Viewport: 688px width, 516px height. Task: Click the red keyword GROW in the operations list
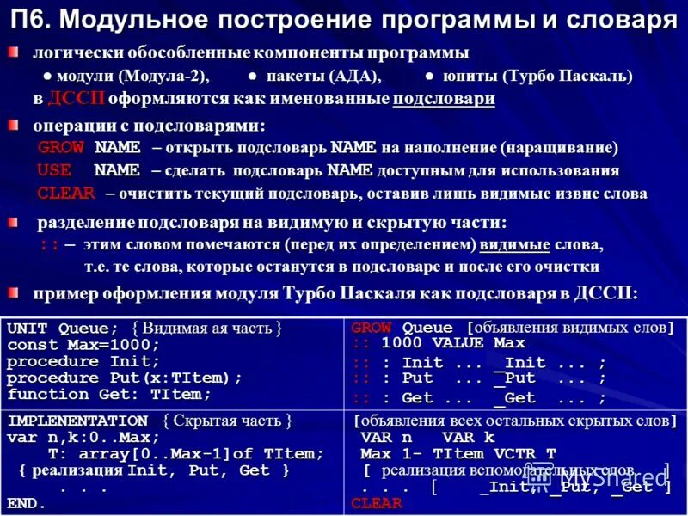61,147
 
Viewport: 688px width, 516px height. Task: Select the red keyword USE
54,169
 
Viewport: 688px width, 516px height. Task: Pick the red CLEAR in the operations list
66,193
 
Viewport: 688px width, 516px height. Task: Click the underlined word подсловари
444,99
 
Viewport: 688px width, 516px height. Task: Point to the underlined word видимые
514,245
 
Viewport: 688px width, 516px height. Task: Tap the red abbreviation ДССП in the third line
76,99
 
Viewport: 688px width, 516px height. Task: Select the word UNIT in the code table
28,329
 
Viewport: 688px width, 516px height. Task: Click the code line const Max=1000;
83,345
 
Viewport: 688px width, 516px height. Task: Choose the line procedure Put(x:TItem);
125,378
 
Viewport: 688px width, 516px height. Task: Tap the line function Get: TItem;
109,395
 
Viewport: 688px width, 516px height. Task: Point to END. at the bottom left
27,503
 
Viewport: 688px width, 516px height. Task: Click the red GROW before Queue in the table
371,328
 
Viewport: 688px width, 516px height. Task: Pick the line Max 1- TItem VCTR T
458,453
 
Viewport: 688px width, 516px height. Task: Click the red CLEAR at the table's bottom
377,503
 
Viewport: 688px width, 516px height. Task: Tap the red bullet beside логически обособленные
14,53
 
